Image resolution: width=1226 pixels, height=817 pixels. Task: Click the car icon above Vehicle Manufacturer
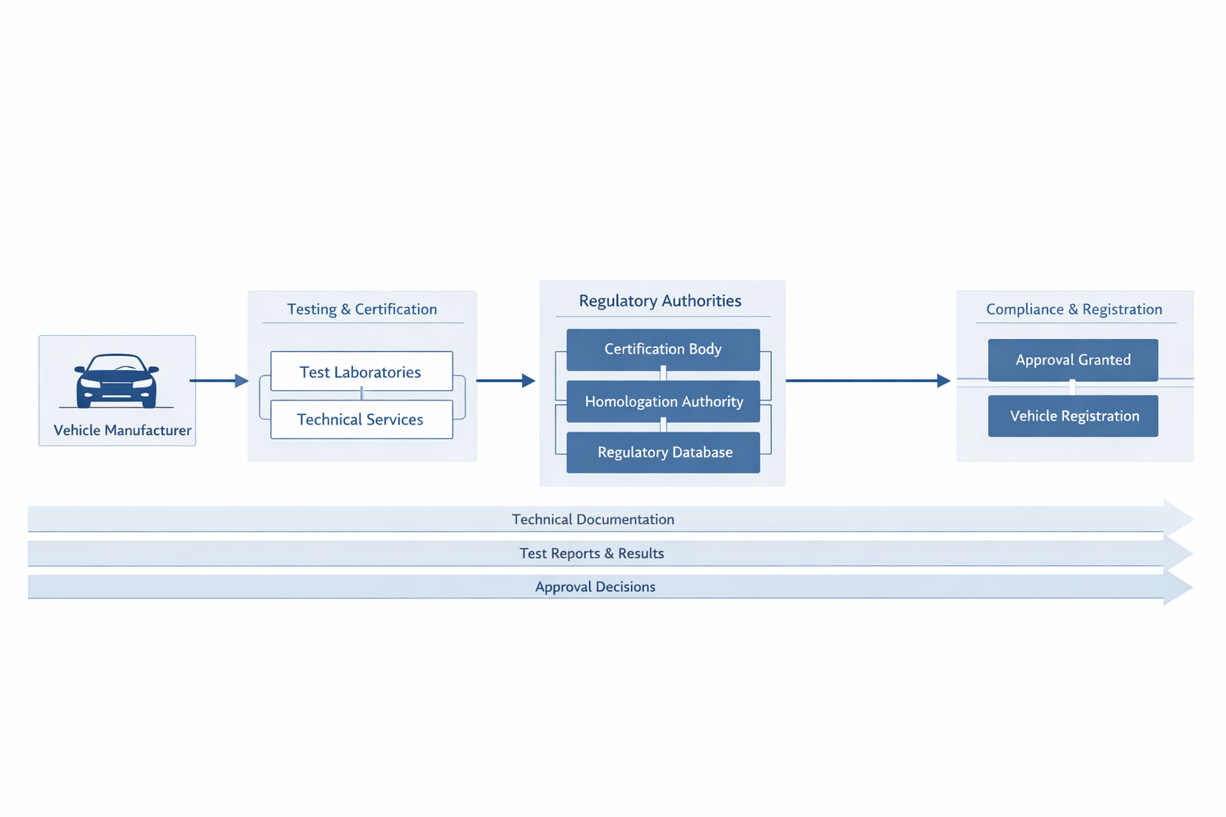click(x=117, y=381)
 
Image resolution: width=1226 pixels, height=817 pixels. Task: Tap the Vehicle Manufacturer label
click(x=122, y=431)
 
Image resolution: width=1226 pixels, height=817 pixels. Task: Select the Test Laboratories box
click(x=362, y=372)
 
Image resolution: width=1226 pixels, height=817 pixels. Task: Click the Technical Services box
click(x=362, y=420)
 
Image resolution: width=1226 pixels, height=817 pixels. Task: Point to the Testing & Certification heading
click(x=362, y=310)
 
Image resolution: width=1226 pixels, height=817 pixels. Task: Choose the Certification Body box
click(x=662, y=349)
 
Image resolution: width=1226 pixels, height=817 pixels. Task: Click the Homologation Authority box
click(x=662, y=401)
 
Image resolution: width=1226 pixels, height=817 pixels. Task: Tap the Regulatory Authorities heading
click(x=660, y=301)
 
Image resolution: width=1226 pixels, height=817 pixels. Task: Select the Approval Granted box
click(x=1073, y=360)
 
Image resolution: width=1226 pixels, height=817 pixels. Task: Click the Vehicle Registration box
click(x=1073, y=416)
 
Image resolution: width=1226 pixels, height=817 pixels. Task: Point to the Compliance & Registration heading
click(x=1074, y=310)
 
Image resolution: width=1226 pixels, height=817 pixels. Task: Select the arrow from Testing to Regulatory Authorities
click(x=505, y=381)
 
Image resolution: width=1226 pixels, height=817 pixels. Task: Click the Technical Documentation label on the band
click(x=593, y=519)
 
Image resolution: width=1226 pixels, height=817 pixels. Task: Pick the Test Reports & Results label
click(x=591, y=554)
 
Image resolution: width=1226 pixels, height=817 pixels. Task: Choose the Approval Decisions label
click(x=595, y=587)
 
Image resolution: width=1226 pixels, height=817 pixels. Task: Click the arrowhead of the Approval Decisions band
click(x=1177, y=588)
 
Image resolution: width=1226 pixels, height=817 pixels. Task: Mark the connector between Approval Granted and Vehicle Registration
click(x=1072, y=388)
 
